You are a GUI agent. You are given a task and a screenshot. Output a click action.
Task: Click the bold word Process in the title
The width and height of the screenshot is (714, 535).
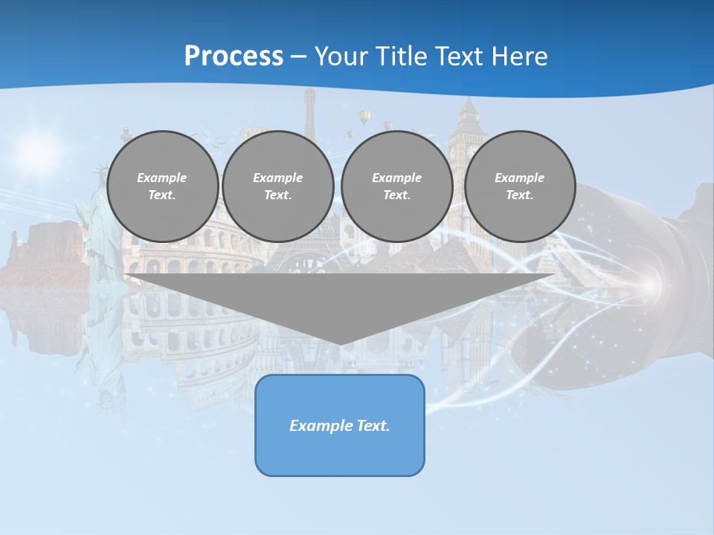point(234,56)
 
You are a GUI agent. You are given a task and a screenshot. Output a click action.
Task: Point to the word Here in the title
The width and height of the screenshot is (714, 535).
point(518,56)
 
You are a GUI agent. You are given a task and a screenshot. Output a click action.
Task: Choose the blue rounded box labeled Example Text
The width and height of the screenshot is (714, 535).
point(340,425)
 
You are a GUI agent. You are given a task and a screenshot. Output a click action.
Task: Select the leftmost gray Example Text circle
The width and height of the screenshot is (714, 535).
point(162,186)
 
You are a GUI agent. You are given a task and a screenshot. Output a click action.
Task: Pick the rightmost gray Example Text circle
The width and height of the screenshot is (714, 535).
point(519,186)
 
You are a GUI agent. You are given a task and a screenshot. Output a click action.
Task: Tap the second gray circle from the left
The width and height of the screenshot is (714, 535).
point(277,186)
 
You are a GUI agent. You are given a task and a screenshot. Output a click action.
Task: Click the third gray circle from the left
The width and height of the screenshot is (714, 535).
point(396,186)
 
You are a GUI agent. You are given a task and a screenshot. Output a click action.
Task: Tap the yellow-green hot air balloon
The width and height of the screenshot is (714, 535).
point(364,117)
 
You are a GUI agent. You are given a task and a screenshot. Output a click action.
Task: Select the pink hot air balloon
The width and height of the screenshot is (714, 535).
point(387,126)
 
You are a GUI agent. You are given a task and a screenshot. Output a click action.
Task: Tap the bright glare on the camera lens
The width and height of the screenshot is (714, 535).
point(649,285)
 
